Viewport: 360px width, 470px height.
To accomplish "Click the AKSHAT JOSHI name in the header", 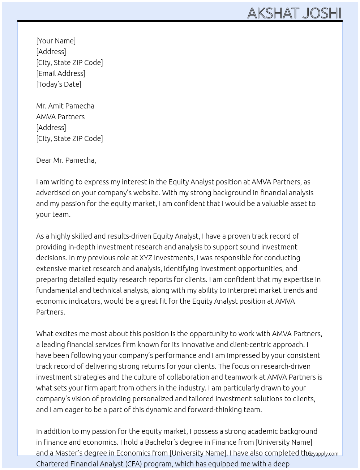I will click(x=294, y=13).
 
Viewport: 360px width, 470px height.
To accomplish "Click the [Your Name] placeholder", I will click(x=56, y=41).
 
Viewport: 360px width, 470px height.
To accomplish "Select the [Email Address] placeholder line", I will click(x=61, y=73).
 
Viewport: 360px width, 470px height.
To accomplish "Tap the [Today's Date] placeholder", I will click(x=59, y=84).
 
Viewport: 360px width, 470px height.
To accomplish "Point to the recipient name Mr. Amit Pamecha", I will click(x=65, y=106).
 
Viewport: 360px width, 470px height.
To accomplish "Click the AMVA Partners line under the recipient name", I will click(x=60, y=117).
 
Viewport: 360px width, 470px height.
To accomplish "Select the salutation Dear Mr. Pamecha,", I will click(x=66, y=160).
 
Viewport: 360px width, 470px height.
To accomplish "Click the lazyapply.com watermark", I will click(x=322, y=454).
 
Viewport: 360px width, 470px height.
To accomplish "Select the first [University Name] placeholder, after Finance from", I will click(x=284, y=442).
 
